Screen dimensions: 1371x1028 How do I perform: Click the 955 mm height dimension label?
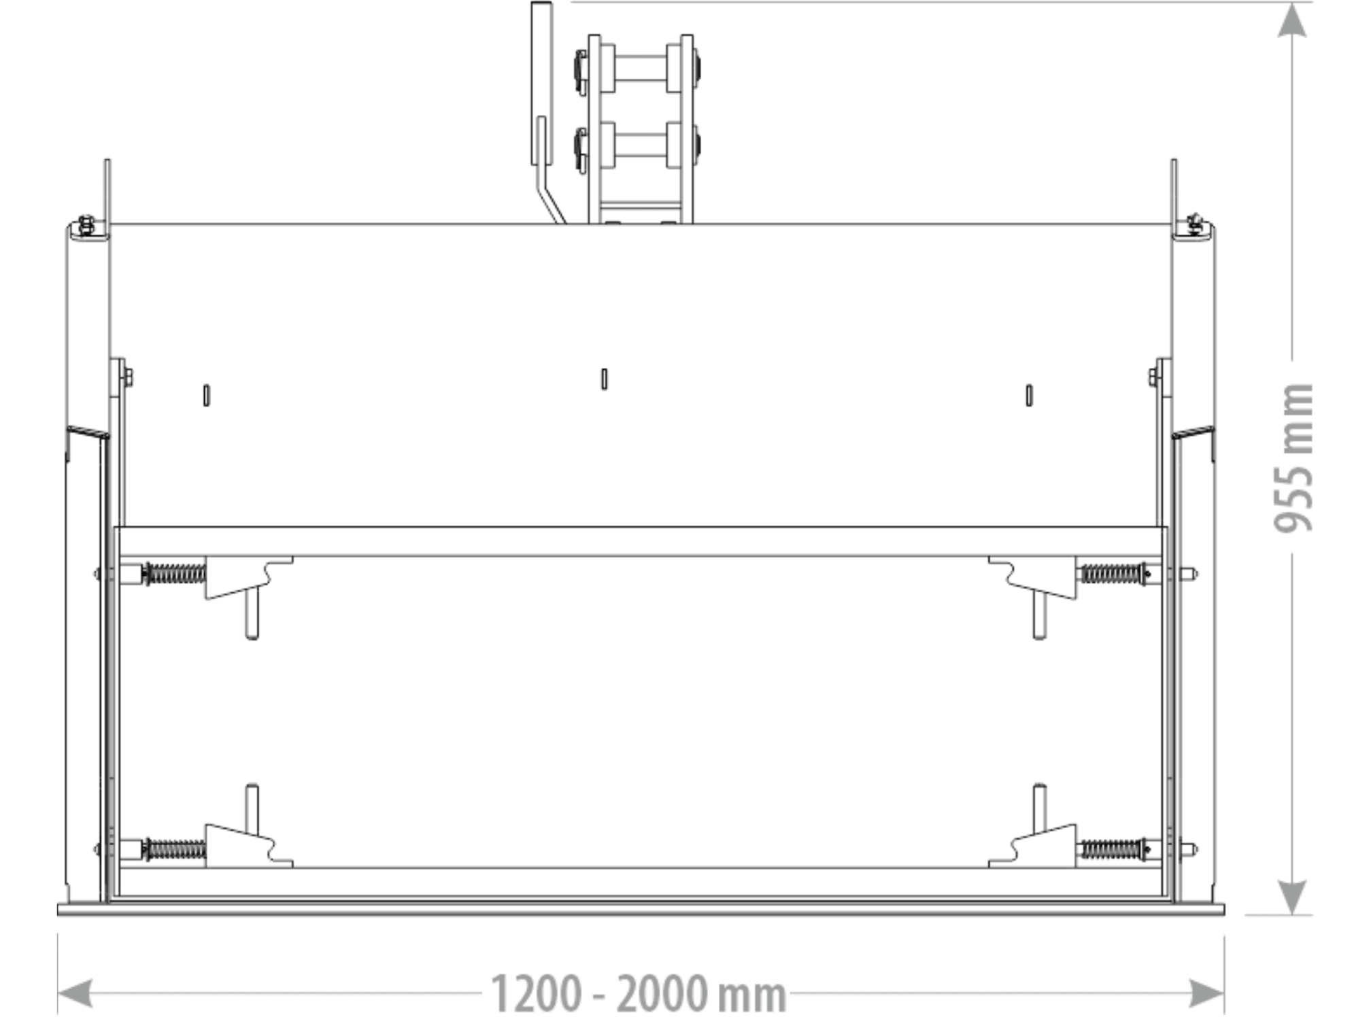[x=1293, y=458]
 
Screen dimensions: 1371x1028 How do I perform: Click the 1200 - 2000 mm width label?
[x=639, y=994]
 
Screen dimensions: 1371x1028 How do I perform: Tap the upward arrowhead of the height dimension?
[x=1292, y=20]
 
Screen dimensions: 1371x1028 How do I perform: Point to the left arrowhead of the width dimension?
[x=75, y=994]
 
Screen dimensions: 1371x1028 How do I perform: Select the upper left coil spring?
[x=175, y=574]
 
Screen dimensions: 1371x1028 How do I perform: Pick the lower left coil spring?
[x=175, y=849]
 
